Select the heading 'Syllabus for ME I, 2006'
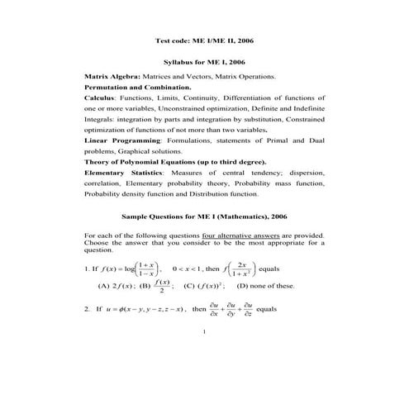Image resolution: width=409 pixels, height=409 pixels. click(203, 62)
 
